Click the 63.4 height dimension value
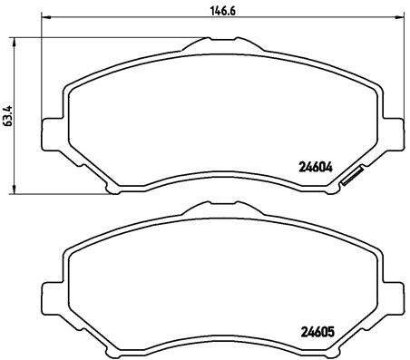click(x=8, y=115)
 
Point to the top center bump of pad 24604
click(x=206, y=44)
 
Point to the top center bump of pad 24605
click(x=206, y=209)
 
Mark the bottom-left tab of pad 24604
click(x=112, y=189)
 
